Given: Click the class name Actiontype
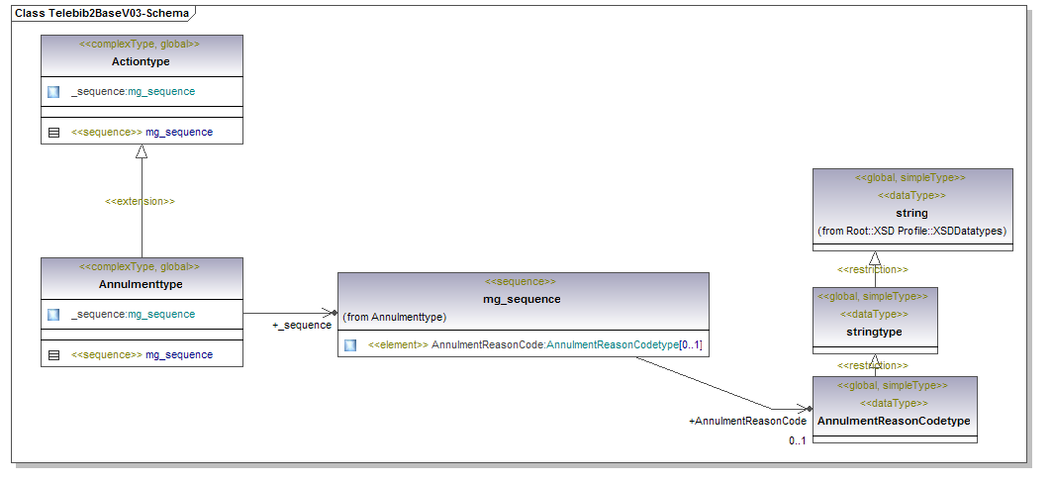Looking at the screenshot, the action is pos(141,61).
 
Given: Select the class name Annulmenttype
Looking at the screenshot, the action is pos(141,284).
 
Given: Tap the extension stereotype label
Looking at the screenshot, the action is pos(141,201).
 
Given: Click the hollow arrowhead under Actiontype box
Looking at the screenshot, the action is pos(142,151).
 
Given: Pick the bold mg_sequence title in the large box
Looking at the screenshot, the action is pos(523,299).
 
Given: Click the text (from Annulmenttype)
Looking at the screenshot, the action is pos(394,317).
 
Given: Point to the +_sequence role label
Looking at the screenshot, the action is pos(302,326).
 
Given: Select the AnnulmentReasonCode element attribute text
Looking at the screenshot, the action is pos(534,345).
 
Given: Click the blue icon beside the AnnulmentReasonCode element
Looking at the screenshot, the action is pos(350,345).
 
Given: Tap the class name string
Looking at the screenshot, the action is pos(912,213).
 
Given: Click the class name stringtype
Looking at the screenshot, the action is pos(875,332).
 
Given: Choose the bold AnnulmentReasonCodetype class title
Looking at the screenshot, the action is pos(894,422).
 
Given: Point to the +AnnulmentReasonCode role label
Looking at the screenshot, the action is pos(747,422).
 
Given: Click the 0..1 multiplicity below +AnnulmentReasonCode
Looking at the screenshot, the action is pos(797,440).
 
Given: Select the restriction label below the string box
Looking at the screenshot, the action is pos(872,269).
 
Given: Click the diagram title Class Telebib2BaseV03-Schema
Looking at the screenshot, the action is pos(101,13).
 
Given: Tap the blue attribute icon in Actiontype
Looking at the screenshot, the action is pos(53,92).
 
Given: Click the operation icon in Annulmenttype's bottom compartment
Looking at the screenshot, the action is pos(53,354).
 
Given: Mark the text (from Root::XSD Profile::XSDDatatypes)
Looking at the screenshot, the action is pos(912,231).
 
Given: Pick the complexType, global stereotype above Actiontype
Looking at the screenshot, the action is pos(141,45).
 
